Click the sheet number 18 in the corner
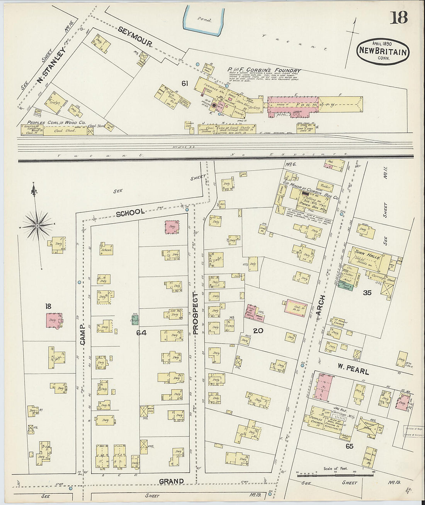[x=398, y=17]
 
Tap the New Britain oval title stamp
[x=383, y=51]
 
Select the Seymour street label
[x=135, y=39]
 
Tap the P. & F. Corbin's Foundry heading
[x=263, y=70]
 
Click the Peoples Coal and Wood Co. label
[x=54, y=123]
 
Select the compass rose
[x=37, y=225]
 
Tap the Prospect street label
[x=195, y=313]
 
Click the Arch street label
[x=321, y=308]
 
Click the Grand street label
[x=172, y=481]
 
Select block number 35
[x=367, y=293]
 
